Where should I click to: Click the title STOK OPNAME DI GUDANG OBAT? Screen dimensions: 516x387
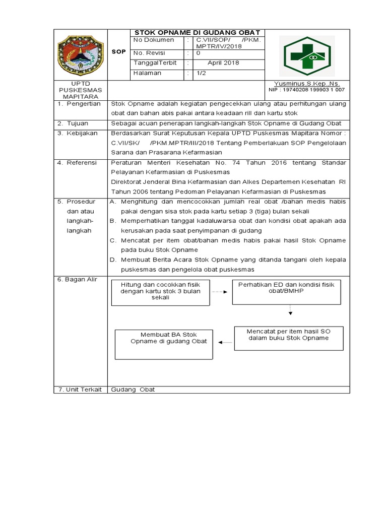click(x=197, y=33)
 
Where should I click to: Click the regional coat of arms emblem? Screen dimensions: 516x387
click(x=80, y=54)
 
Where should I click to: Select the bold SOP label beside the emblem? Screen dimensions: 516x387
click(x=118, y=52)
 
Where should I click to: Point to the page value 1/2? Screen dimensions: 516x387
click(x=201, y=73)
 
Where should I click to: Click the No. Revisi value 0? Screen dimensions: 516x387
click(x=198, y=53)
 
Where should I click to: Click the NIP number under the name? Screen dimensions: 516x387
click(x=307, y=90)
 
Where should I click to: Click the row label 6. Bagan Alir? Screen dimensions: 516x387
click(x=77, y=279)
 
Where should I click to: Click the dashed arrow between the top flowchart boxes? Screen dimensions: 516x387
click(x=220, y=292)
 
